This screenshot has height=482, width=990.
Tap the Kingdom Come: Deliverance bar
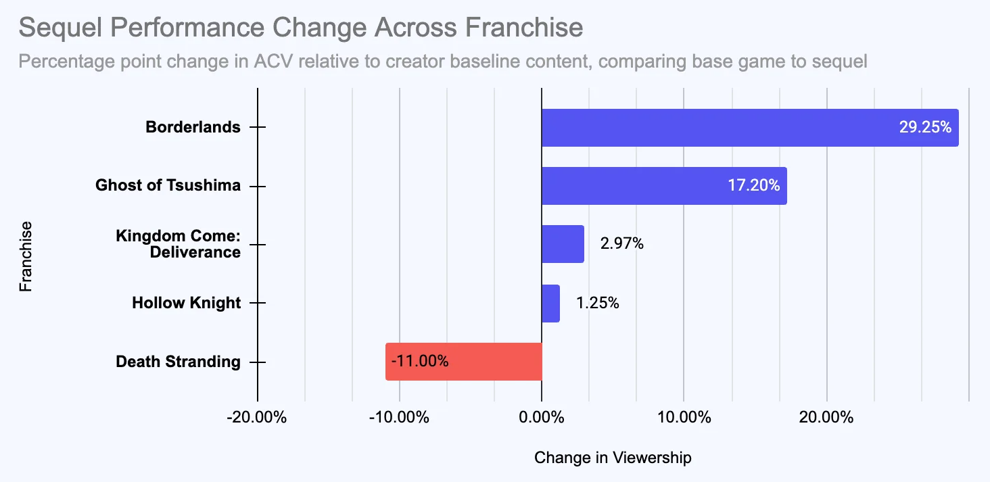563,244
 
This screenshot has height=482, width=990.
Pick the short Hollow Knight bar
550,303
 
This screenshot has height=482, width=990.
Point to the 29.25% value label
925,127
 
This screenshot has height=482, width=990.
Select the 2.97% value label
621,243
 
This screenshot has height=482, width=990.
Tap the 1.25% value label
598,303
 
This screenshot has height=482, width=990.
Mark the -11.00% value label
419,361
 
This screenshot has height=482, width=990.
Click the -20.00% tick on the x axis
257,417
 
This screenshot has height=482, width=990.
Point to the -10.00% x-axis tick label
399,417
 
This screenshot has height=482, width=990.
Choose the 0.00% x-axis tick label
541,417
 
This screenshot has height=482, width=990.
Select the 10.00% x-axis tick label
683,417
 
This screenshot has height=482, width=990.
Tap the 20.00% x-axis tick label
826,417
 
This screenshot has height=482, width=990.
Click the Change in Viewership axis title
613,458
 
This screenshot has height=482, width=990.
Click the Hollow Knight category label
186,303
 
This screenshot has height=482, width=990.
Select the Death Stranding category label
178,362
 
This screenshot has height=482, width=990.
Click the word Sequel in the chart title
56,28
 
